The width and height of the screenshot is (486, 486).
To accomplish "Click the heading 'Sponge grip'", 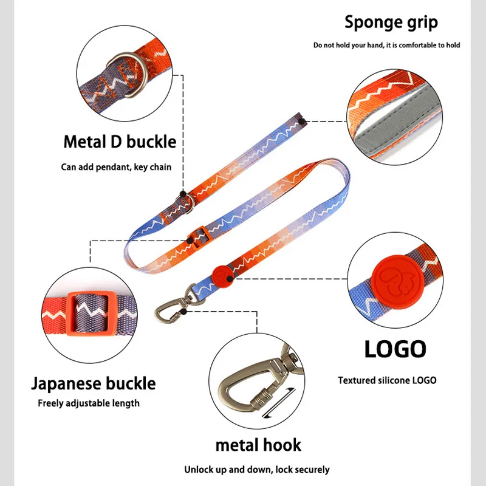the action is [x=391, y=22].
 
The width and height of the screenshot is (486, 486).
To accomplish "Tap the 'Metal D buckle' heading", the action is [x=120, y=142].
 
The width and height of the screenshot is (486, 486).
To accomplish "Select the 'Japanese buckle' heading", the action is [x=93, y=383].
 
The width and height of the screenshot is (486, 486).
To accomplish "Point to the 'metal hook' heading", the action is [x=258, y=445].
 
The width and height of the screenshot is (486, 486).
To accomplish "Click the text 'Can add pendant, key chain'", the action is [x=116, y=166].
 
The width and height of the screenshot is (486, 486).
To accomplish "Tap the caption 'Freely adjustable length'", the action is [x=89, y=403].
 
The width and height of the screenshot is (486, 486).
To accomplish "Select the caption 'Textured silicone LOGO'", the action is [x=387, y=380].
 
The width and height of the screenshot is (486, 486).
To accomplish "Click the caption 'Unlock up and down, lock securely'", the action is [x=257, y=469].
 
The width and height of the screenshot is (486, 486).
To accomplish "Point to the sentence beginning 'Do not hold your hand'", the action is [x=386, y=46].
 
